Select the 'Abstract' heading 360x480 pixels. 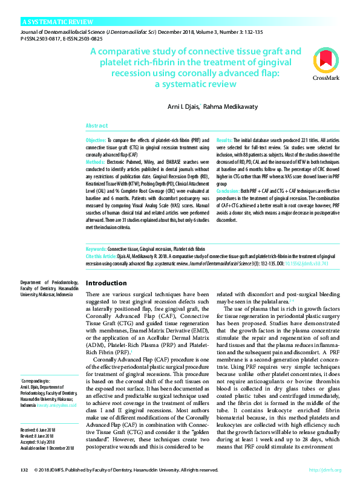click(97, 126)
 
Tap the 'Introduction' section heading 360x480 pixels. click(106, 284)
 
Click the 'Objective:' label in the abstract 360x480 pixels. click(96, 140)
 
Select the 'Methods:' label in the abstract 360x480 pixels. click(96, 161)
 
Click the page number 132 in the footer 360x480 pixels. click(25, 470)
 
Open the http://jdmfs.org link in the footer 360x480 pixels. click(325, 470)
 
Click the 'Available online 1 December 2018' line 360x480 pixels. click(47, 448)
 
